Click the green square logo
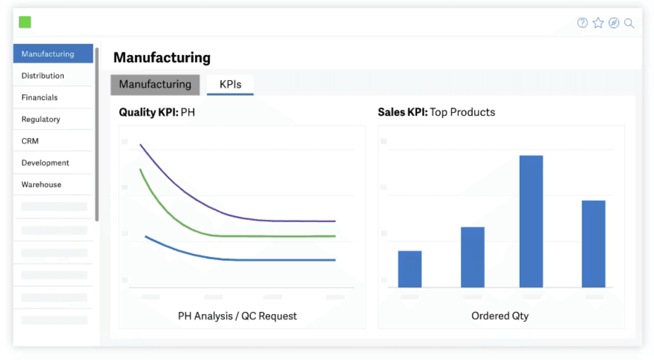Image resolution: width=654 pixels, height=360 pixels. pos(25,22)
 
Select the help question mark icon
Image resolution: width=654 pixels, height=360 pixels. pos(582,23)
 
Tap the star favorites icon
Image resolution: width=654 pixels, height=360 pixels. pos(598,23)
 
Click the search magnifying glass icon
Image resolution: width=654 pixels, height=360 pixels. pos(629,23)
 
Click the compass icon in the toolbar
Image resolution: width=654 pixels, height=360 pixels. pos(614,23)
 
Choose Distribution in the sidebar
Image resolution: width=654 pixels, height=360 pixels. pos(43,76)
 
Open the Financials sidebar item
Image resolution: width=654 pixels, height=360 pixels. pos(40,97)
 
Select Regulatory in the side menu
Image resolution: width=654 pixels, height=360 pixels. pos(41,119)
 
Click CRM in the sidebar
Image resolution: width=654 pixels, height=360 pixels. pos(30,141)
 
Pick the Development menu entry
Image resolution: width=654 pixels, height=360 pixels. pos(45,162)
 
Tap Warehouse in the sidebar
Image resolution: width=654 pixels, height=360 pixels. pos(41,185)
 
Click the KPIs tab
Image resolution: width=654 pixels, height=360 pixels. pos(230,84)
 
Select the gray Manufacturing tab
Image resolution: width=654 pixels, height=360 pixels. pos(155,85)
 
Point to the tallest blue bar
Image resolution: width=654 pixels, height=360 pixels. pos(531,221)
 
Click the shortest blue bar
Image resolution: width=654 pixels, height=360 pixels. pos(410,269)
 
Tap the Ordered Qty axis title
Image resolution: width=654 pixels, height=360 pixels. pos(500,315)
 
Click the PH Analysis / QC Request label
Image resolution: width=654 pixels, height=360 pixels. pos(237,316)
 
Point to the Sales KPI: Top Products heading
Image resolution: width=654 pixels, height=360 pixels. pos(437,112)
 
